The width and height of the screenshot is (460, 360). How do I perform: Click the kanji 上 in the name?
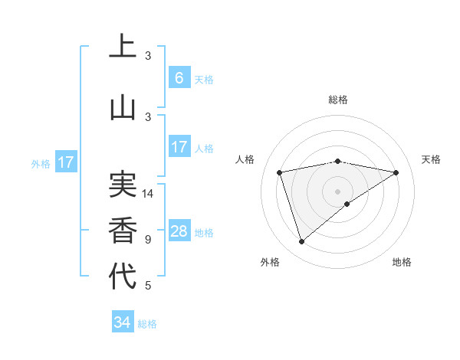pos(123,47)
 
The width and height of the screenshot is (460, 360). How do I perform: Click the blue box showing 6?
pos(179,78)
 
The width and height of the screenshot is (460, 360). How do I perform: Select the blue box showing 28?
pos(179,231)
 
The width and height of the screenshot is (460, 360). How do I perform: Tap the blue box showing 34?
pos(122,322)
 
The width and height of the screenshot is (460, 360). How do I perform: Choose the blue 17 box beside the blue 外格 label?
pos(65,162)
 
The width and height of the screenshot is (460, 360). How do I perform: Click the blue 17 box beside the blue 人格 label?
pos(179,147)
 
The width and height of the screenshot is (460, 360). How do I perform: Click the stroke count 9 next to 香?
pos(148,239)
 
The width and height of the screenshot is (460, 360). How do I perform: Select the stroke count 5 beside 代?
pos(148,286)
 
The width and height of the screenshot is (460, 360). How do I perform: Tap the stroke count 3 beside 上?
pos(148,55)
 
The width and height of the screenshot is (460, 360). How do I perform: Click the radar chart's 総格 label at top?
pos(337,100)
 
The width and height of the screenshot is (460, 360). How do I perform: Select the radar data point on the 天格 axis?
pos(396,172)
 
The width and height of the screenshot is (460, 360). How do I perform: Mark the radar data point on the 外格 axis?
pos(301,241)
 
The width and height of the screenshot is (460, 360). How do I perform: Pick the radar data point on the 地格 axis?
pos(347,204)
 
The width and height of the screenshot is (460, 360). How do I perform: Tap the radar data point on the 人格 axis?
pos(280,172)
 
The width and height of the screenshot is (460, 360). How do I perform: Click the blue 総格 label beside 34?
pos(147,324)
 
